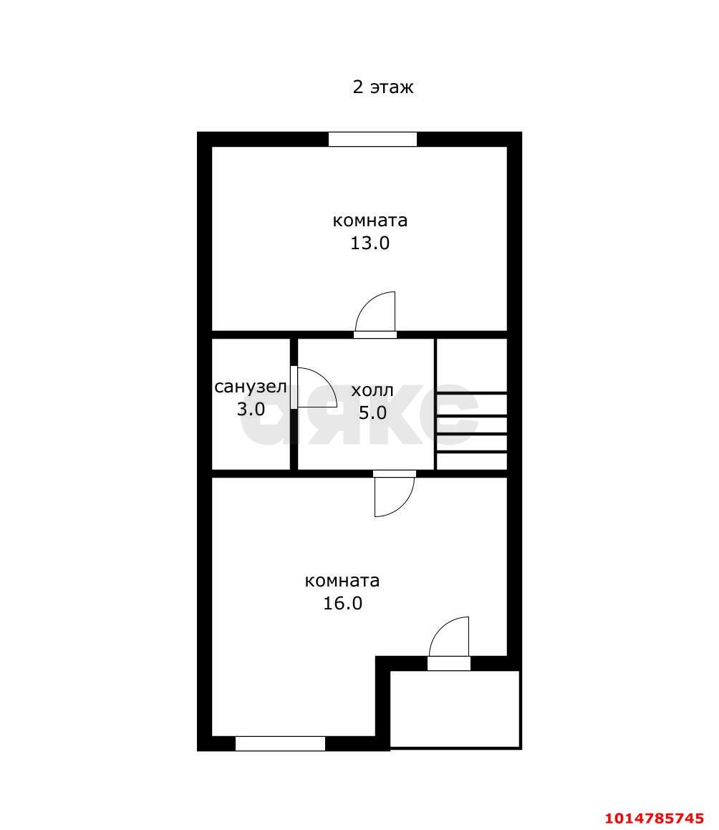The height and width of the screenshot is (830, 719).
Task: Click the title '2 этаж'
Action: point(383,87)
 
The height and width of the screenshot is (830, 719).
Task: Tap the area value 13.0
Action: point(370,243)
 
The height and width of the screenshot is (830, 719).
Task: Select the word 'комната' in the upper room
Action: point(370,220)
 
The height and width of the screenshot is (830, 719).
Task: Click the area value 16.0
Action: point(342,603)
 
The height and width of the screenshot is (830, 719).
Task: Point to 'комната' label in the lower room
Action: point(342,581)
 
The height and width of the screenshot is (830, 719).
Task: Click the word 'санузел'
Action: point(251,387)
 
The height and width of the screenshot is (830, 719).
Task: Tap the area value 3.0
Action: point(251,409)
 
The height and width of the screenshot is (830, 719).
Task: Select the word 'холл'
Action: point(372,390)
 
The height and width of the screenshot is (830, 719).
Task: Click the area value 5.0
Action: point(372,412)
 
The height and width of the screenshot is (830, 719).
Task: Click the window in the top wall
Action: point(372,139)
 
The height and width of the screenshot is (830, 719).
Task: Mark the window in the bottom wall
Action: point(280,743)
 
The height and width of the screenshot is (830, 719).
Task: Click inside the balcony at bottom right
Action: point(455,708)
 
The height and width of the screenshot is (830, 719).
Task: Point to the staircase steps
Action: point(472,430)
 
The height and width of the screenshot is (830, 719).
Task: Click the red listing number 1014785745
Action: point(654,819)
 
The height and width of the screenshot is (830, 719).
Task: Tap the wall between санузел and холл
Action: point(294,404)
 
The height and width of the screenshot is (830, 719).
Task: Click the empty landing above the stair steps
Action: point(472,365)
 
